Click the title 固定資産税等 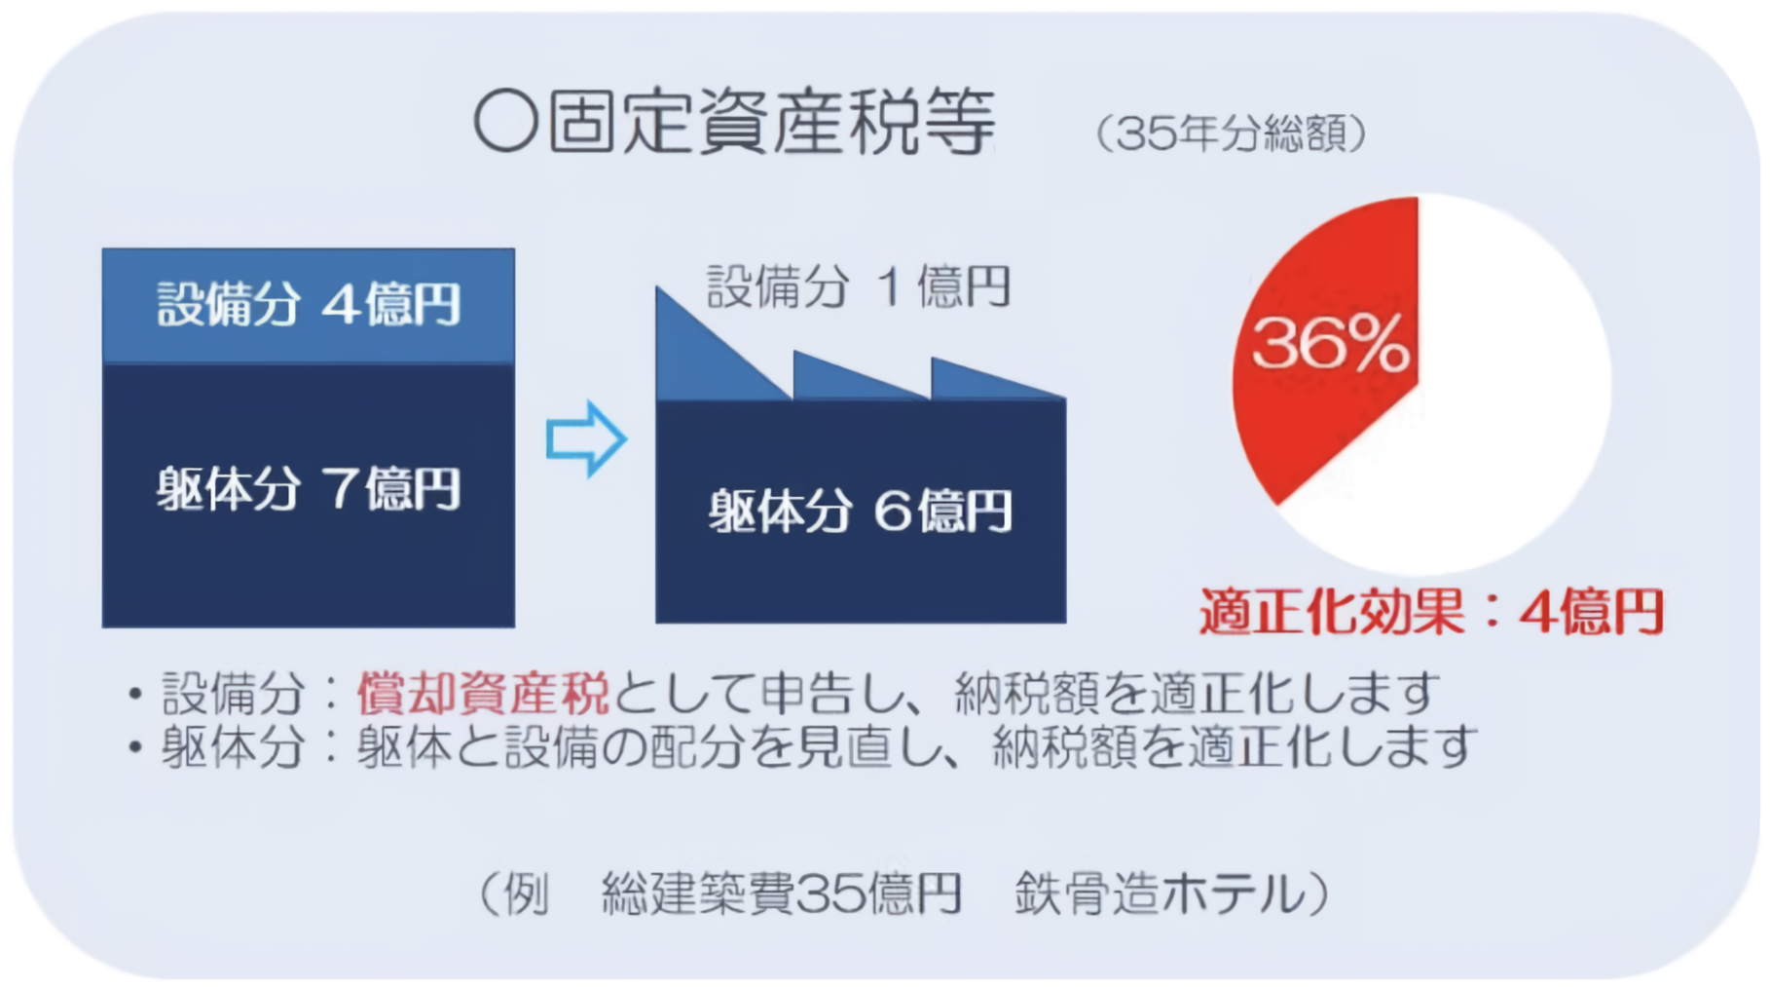pos(771,123)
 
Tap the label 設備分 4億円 pos(308,304)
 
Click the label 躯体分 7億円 pos(308,488)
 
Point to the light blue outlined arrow pos(586,439)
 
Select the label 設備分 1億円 pos(858,287)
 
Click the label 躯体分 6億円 pos(860,511)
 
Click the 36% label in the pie pos(1330,343)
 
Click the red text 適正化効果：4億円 pos(1431,612)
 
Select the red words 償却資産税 pos(483,693)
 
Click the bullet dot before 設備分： pos(135,695)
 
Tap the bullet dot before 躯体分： pos(135,748)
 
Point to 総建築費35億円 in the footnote pos(782,893)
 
